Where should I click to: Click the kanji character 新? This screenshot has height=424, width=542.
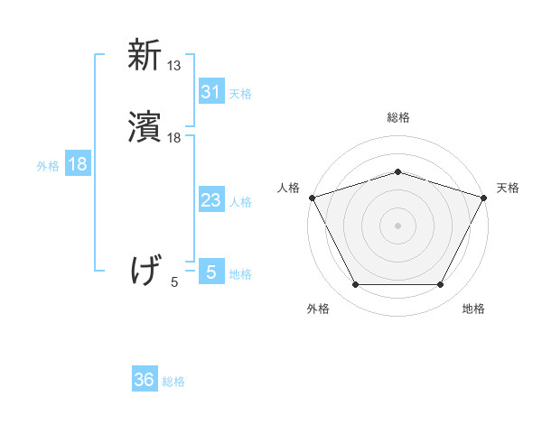coord(145,56)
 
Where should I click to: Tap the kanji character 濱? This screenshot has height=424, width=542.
coord(145,130)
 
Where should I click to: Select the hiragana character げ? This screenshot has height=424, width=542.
coord(145,271)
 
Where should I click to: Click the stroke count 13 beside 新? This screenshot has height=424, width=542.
coord(174,65)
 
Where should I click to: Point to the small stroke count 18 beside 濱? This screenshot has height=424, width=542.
coord(174,138)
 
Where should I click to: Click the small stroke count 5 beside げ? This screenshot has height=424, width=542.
coord(174,281)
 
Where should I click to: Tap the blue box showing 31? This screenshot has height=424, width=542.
coord(210,91)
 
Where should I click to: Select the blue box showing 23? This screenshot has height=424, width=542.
coord(210,200)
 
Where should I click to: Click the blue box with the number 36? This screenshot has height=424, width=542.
coord(145,380)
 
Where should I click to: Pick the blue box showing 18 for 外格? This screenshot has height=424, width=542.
coord(78,164)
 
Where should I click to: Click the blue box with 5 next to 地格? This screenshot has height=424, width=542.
coord(210,272)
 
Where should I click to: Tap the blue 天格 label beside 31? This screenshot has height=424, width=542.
coord(240,93)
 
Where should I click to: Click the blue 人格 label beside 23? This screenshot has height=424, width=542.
coord(240,202)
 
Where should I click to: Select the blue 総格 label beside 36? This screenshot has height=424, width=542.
coord(173,382)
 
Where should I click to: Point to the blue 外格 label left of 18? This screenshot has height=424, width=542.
coord(48,166)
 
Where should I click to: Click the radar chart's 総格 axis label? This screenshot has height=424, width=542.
coord(397,117)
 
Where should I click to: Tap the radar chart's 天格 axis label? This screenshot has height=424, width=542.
coord(508,188)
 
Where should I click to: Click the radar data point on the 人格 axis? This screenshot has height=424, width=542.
coord(312,197)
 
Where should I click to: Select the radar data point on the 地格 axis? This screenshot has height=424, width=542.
coord(440,285)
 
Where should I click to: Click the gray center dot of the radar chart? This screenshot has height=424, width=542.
coord(397,225)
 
